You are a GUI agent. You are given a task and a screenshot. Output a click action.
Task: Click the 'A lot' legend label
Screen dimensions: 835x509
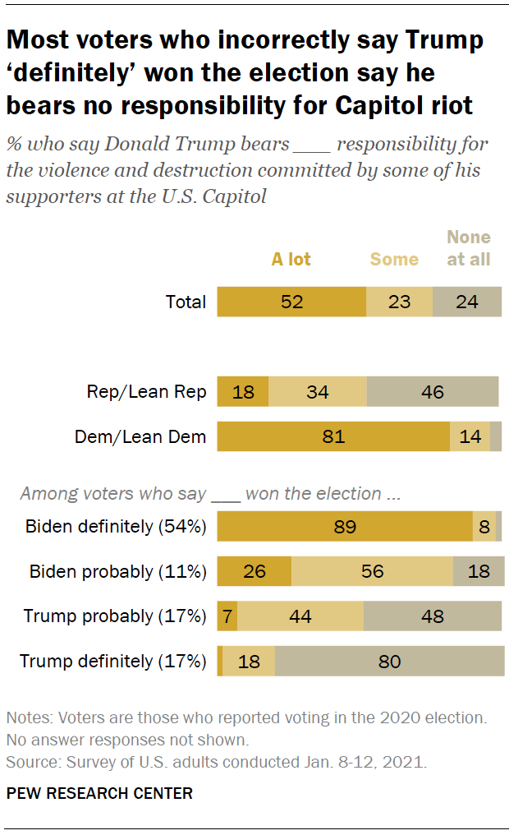coord(291,260)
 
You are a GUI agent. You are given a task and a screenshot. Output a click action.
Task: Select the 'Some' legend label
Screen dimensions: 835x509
coord(394,260)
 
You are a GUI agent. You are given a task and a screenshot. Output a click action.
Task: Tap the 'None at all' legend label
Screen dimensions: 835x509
coord(468,248)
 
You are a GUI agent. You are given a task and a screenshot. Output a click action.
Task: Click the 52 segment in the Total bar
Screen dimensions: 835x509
coord(291,302)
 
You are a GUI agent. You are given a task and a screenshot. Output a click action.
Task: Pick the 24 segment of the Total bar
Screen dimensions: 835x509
coord(466,302)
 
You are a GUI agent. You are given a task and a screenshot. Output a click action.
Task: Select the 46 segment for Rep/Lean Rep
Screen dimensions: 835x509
coord(432,392)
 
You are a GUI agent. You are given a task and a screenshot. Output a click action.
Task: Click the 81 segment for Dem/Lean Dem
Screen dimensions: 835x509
coord(332,436)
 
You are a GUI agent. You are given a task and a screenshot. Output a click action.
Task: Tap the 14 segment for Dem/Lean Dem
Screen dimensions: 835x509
coord(470,436)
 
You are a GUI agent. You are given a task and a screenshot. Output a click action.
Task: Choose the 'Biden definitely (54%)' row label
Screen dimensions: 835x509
coord(115,526)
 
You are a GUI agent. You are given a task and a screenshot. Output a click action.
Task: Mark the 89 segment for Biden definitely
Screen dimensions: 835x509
coord(344,526)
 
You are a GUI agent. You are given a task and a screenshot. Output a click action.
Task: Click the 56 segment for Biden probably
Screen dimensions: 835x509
coord(372,571)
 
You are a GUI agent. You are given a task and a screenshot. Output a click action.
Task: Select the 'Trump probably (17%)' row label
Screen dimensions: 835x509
coord(114,616)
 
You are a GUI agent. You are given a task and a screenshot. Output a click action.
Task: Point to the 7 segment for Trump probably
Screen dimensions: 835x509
coord(227,616)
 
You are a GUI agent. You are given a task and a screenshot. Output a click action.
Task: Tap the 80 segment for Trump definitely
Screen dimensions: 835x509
coord(389,661)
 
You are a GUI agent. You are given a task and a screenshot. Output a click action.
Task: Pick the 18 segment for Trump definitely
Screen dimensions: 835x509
coord(248,661)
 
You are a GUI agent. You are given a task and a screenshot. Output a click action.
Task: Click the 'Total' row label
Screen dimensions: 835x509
coord(186,302)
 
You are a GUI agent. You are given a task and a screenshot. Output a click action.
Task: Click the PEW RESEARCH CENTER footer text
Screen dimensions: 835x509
coord(99,793)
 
